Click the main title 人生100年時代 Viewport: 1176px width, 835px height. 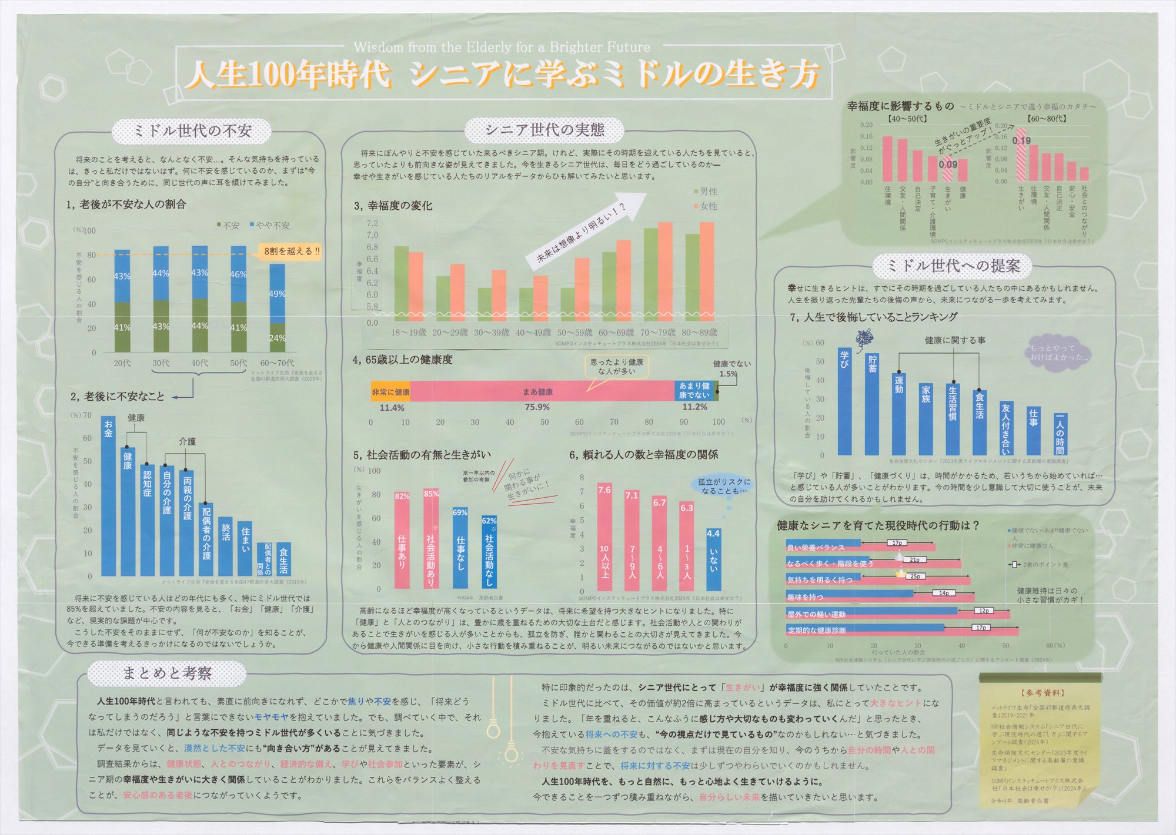(288, 75)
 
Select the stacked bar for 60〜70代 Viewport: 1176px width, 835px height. (278, 307)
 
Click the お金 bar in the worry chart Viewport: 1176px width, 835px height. (109, 497)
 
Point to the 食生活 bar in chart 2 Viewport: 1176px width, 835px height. (283, 559)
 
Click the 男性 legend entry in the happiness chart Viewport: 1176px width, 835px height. (706, 192)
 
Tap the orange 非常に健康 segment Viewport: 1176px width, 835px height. (390, 391)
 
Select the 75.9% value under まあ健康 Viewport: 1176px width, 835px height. (537, 407)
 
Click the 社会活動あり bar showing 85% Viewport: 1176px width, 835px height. (431, 538)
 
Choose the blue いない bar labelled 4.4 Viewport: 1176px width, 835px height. (713, 559)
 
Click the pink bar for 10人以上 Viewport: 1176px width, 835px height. (604, 536)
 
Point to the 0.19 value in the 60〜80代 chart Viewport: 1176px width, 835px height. (1021, 141)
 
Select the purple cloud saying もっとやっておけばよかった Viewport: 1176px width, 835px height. (1058, 353)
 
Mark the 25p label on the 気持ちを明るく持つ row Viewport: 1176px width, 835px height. (915, 576)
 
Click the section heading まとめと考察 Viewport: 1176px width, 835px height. (167, 673)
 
